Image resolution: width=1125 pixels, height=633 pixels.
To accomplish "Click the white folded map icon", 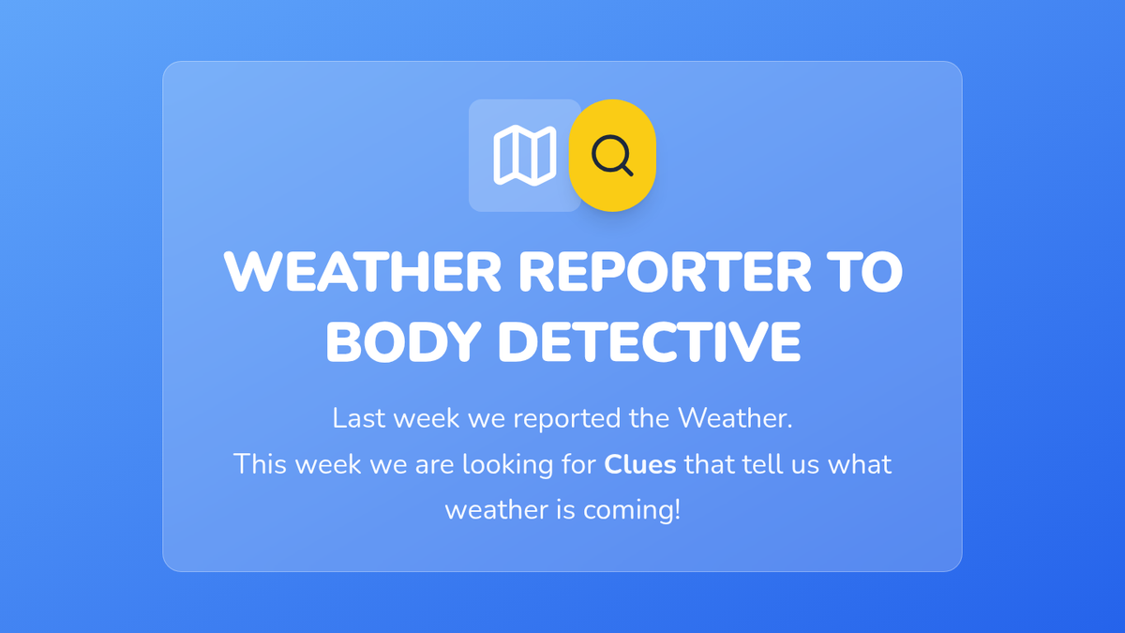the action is tap(525, 156).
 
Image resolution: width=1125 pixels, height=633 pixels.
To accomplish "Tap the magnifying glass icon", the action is tap(612, 156).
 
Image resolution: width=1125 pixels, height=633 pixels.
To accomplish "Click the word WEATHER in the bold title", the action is tap(363, 271).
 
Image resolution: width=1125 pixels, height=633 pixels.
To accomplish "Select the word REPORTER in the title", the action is tap(665, 271).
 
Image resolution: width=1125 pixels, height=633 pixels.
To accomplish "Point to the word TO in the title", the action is tap(864, 271).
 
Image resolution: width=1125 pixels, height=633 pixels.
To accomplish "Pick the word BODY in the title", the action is tap(404, 342).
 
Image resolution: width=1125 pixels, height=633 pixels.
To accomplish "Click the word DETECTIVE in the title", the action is tap(649, 342).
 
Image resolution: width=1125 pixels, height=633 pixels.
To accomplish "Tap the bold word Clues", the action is tap(639, 463).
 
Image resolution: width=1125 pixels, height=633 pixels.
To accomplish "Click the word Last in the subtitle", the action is tap(359, 418).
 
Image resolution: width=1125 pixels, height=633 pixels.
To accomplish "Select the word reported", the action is tap(566, 419).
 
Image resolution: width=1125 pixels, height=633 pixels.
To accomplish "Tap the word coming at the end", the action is tap(628, 511).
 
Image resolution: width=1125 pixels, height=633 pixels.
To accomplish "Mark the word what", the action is tap(860, 463).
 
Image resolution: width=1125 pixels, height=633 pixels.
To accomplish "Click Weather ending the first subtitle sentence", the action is tap(735, 418).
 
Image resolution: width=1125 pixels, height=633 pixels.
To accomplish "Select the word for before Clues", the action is tap(578, 463).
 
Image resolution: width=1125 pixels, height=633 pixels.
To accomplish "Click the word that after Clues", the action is tap(709, 463).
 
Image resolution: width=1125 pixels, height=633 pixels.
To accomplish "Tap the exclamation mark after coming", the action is tap(677, 509).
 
